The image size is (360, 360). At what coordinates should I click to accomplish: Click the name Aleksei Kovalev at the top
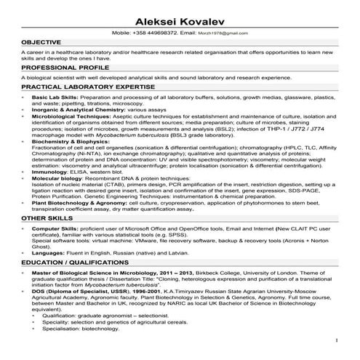179,17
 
